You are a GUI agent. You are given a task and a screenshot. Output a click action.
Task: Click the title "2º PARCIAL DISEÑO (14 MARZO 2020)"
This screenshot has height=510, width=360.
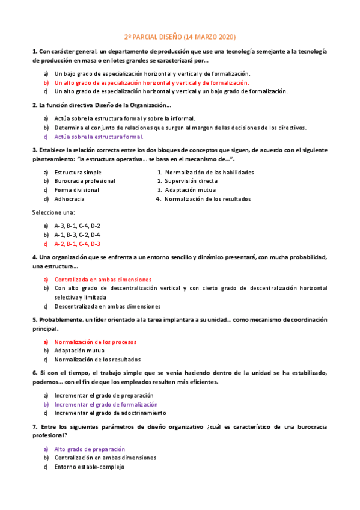click(x=180, y=37)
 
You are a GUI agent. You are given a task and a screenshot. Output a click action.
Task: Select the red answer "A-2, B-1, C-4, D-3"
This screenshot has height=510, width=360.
click(x=77, y=244)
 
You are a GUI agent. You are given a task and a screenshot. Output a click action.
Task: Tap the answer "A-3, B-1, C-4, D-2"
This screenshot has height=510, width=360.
click(x=77, y=226)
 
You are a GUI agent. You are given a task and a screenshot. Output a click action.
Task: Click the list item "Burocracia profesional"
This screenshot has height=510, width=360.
click(x=85, y=181)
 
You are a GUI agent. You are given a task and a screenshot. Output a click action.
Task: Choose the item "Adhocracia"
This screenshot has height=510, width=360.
click(x=69, y=199)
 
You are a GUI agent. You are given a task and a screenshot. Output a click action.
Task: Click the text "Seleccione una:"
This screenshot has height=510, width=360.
click(x=53, y=212)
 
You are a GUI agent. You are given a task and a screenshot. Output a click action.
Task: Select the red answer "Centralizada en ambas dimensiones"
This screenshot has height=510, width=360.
click(x=103, y=280)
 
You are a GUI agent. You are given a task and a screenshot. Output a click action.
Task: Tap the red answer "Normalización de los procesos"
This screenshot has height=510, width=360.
click(x=95, y=342)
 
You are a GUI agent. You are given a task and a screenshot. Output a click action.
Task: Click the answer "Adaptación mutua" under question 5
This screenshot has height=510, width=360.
click(x=79, y=351)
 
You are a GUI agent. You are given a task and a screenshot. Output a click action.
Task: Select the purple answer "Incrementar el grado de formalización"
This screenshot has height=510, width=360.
click(x=106, y=404)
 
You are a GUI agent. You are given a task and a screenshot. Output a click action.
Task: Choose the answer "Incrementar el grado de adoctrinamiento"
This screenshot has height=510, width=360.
click(x=109, y=413)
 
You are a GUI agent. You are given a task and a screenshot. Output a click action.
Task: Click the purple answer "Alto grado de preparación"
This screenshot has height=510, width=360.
click(x=90, y=449)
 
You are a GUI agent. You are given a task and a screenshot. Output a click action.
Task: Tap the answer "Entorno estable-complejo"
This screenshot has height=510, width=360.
click(x=89, y=467)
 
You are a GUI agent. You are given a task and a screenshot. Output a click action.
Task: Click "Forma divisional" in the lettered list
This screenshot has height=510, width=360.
click(x=76, y=190)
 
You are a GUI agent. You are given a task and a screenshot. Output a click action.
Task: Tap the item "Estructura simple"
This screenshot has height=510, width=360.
click(x=78, y=172)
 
